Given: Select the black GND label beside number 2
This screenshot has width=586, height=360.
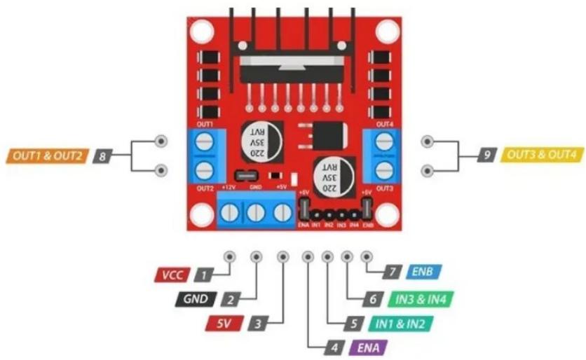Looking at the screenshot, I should point(196,299).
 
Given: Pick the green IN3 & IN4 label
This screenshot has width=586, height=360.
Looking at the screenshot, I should point(421,299).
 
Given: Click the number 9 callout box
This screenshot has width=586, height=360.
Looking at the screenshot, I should point(486,155).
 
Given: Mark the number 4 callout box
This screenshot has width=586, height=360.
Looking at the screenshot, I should point(334,347).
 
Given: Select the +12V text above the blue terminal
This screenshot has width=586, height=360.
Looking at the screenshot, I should point(229,188).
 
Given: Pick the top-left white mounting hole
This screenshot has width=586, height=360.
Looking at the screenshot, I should point(202,31).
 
